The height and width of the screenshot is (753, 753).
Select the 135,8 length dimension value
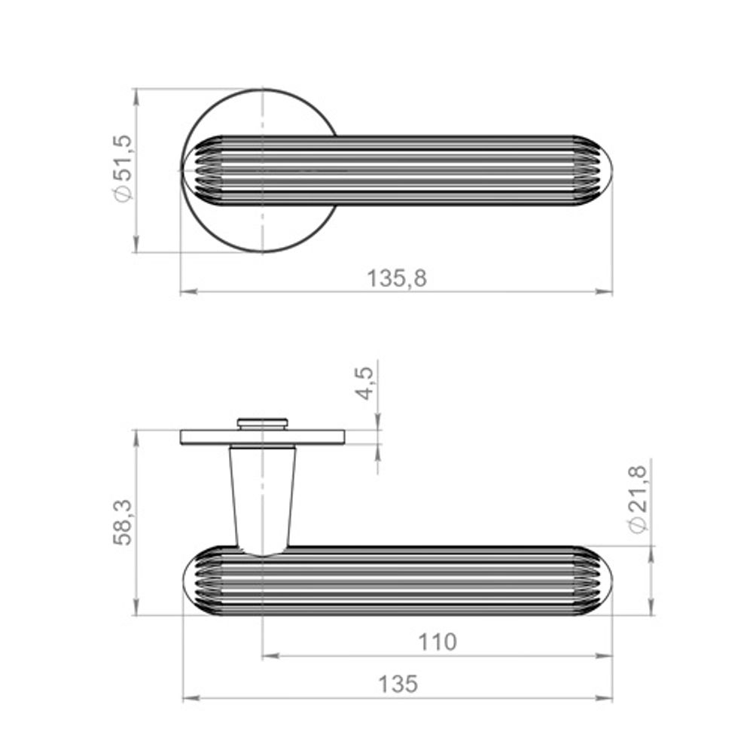click(397, 279)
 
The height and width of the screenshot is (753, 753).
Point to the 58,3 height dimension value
click(123, 522)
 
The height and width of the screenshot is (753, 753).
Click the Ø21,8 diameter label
click(638, 499)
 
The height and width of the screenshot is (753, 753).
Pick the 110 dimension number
click(437, 642)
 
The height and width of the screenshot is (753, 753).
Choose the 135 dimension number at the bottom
click(397, 684)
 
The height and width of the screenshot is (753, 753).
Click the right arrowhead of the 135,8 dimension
click(606, 291)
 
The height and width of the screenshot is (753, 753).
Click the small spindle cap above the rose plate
click(262, 422)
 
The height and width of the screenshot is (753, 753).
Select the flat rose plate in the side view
click(262, 437)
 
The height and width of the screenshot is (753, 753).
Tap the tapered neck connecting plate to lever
click(262, 497)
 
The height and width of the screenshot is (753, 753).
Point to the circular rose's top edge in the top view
click(262, 90)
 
